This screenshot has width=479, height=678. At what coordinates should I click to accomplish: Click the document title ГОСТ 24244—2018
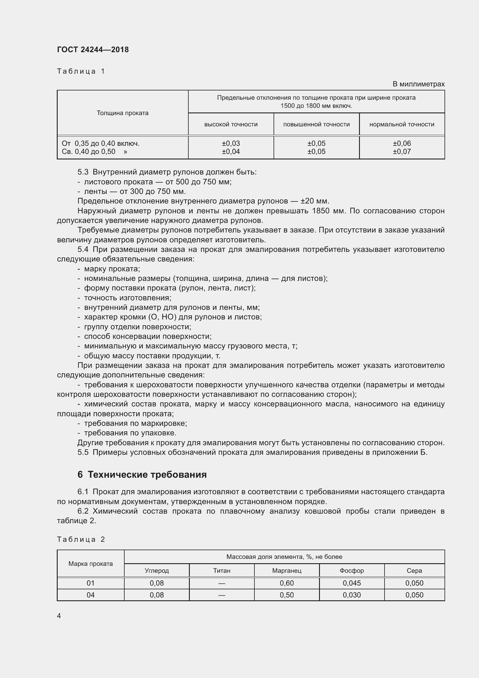point(93,50)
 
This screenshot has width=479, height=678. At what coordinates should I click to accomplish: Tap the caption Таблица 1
point(81,71)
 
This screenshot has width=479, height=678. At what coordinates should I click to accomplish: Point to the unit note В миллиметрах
point(418,84)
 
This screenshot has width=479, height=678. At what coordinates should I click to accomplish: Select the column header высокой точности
point(231,124)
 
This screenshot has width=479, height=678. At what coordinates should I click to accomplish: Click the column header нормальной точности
point(402,124)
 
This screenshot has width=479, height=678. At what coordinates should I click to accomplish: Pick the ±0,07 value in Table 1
point(402,152)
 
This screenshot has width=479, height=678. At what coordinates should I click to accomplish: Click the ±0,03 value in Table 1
point(231,143)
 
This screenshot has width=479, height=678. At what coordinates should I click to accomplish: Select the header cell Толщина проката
point(123,113)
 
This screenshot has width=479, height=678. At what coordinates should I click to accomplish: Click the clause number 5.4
point(83,250)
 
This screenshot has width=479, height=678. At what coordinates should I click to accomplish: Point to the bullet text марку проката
point(112,269)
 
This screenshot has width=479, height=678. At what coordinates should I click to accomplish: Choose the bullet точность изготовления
point(128,298)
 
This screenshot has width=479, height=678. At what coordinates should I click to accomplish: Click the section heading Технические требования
point(147,475)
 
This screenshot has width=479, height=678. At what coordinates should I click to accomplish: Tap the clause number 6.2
point(83,511)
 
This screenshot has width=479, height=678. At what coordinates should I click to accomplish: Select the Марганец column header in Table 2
point(287,570)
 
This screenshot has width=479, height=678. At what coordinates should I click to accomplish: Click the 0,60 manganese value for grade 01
point(287,583)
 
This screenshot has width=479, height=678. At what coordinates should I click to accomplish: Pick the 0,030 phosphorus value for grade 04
point(351,595)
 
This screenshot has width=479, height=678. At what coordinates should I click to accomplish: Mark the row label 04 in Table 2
point(91,595)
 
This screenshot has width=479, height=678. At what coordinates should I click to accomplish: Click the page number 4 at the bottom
point(59,616)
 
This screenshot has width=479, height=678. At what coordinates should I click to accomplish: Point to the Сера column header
point(414,570)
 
